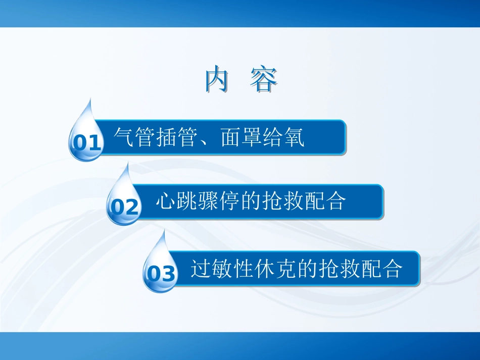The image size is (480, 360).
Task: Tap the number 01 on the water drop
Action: tap(86, 143)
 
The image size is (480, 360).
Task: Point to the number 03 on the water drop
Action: tap(161, 274)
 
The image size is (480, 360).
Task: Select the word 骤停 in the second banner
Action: tap(219, 201)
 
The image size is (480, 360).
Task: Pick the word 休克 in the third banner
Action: tap(275, 269)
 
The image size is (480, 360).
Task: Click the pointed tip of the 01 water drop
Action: tap(90, 99)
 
